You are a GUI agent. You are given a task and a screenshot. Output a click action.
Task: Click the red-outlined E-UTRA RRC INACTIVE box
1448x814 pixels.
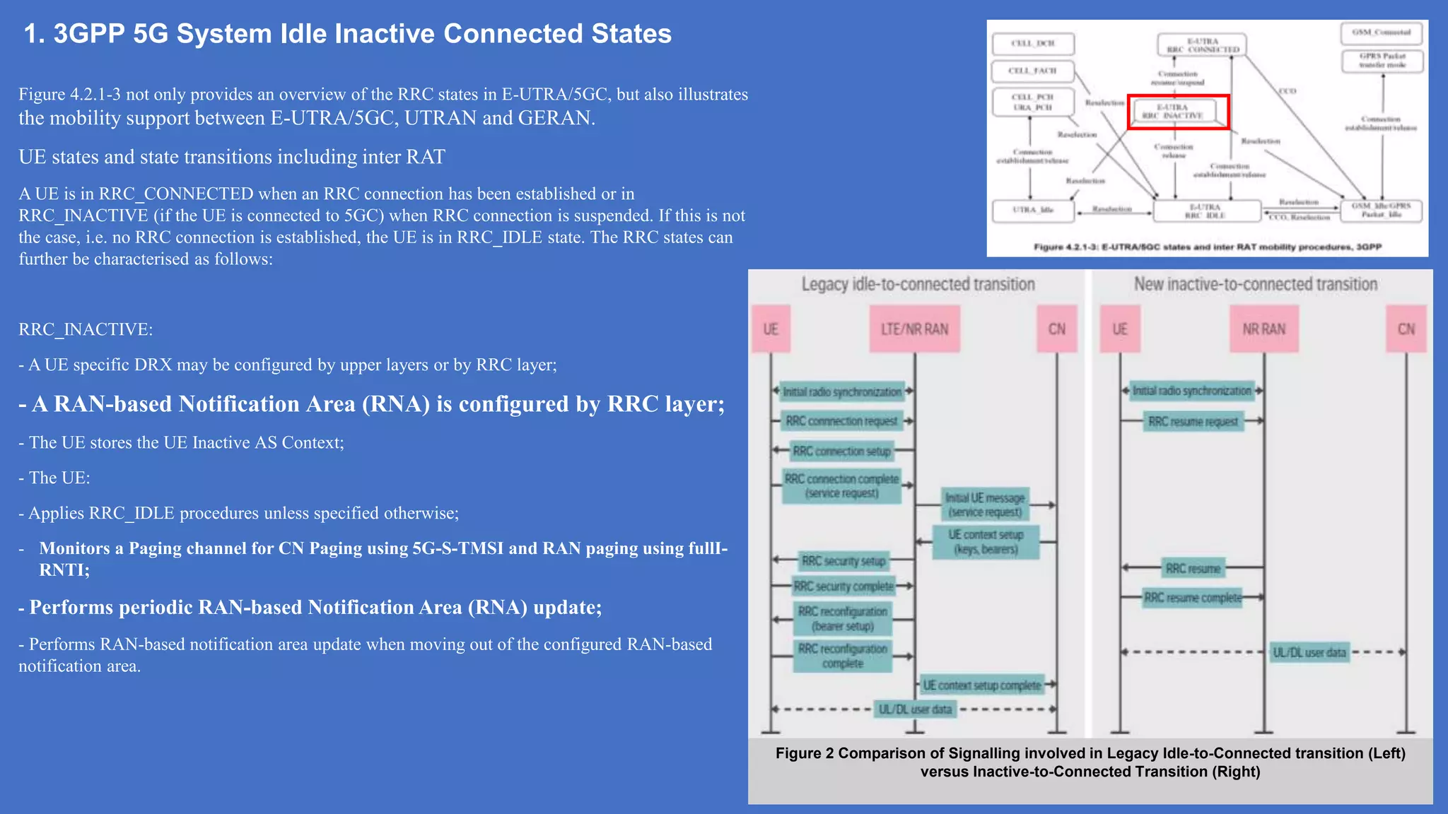click(x=1178, y=112)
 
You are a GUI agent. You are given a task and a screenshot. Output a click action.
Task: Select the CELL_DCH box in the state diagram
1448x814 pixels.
click(x=1033, y=44)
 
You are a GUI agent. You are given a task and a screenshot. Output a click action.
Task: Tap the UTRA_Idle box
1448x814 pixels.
click(x=1033, y=210)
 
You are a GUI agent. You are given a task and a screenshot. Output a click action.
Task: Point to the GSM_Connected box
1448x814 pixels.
click(x=1382, y=33)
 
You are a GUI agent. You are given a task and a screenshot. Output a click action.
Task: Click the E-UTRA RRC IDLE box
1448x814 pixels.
click(x=1206, y=211)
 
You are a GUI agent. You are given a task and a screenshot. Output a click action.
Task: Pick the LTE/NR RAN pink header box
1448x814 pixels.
click(x=914, y=329)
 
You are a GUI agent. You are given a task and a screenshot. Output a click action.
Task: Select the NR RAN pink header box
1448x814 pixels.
click(x=1263, y=329)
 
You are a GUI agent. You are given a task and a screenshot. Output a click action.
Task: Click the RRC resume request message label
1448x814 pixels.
click(x=1193, y=422)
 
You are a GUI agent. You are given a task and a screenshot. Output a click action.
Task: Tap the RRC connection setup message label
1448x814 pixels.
click(x=841, y=451)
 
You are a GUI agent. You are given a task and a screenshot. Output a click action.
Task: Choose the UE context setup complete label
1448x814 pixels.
click(x=982, y=685)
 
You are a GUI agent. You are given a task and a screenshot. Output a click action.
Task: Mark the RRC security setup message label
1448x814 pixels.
click(x=843, y=561)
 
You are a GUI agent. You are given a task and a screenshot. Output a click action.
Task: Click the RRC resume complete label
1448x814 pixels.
click(x=1193, y=598)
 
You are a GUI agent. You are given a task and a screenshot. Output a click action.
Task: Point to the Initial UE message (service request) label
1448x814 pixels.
click(x=985, y=505)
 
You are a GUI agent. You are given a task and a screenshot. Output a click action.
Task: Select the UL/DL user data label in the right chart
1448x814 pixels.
click(x=1309, y=652)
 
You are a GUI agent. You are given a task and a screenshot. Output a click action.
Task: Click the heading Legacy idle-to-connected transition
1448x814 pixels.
click(x=918, y=284)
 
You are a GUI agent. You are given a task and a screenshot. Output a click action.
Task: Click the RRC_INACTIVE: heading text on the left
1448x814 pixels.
click(x=86, y=329)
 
